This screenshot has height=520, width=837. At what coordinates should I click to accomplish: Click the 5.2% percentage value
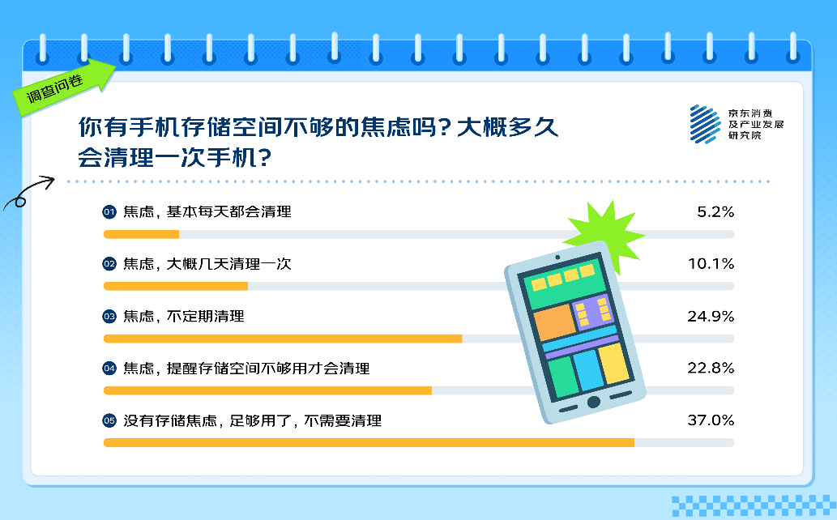pos(715,212)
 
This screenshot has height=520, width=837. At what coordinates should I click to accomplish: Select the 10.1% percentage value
pos(711,264)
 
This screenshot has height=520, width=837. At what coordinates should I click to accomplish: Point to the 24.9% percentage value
pos(711,316)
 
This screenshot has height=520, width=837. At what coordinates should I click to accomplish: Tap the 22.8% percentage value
pos(711,368)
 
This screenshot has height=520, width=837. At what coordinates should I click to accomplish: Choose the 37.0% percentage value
pos(711,420)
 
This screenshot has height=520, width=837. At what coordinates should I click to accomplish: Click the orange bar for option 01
pos(141,234)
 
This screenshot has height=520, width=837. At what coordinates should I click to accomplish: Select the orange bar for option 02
pos(176,286)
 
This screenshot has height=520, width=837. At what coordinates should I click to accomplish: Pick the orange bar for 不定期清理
pos(283,339)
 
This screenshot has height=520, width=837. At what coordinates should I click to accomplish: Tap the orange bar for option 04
pos(267,390)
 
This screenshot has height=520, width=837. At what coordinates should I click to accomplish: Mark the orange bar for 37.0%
pos(369,442)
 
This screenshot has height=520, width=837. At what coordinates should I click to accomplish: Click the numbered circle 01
pos(109,212)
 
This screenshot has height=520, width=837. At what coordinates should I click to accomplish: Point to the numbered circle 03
pos(109,316)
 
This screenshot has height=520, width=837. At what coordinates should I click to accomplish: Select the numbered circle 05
pos(109,420)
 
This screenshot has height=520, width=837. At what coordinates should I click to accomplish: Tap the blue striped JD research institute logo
pos(705,125)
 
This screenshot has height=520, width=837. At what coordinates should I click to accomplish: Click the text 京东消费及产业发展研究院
pos(756,125)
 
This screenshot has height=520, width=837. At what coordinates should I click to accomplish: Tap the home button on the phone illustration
pos(594,402)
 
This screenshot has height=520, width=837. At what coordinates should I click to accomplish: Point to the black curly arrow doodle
pos(29,191)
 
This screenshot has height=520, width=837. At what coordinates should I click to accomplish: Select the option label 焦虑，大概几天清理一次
pos(207,264)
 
